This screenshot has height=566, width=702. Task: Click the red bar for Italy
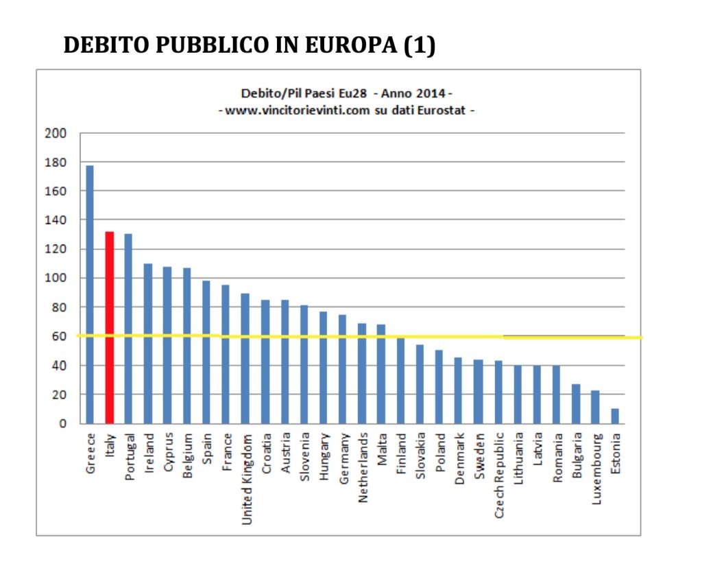tap(109, 327)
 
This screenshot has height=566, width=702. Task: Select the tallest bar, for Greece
tap(90, 295)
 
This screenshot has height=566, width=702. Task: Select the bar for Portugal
tap(128, 329)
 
